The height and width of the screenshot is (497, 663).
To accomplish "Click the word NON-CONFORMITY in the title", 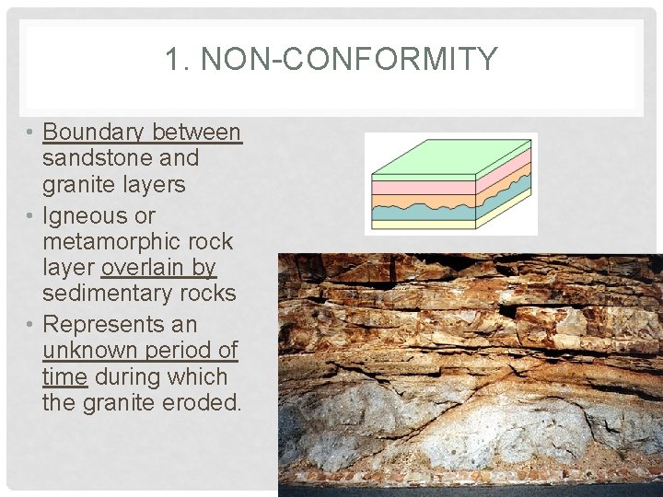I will (x=349, y=60).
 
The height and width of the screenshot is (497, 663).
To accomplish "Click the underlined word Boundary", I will (x=96, y=133).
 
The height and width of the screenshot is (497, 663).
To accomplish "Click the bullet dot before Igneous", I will (x=30, y=215).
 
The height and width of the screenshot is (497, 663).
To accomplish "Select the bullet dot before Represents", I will (x=30, y=324).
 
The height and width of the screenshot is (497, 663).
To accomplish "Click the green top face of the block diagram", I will (x=451, y=156).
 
